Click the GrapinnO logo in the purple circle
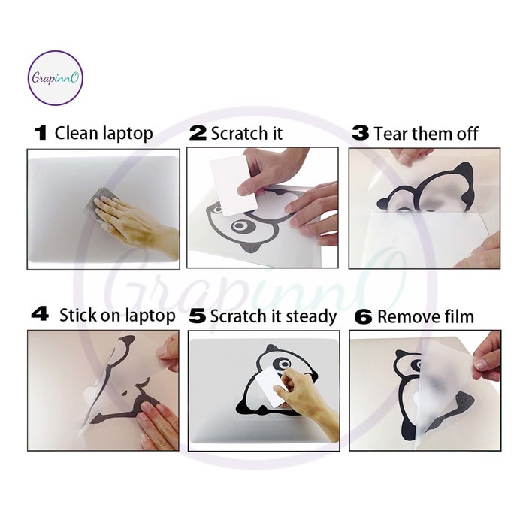55,78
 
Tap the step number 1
41,133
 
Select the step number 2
198,133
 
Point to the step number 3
360,133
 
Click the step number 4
40,314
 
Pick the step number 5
197,316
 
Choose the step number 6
363,317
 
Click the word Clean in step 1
77,133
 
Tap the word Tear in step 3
391,134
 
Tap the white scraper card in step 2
234,185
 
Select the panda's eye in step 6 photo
416,364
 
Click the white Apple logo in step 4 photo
92,389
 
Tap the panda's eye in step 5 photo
285,364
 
